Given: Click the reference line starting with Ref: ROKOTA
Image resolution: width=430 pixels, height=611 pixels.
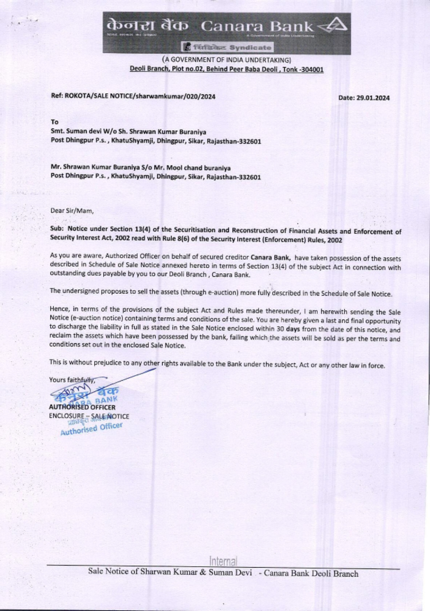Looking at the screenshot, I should point(133,96).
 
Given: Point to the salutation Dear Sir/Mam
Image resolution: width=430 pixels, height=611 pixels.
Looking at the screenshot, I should point(72,211).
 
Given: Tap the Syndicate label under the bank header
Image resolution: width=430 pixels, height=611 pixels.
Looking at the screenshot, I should point(250,47).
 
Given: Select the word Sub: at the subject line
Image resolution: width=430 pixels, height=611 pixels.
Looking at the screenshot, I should point(57,229).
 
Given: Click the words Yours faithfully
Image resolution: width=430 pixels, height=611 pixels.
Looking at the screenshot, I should point(71,380).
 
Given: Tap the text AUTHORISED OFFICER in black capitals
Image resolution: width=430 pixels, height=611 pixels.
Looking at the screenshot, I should point(82,407).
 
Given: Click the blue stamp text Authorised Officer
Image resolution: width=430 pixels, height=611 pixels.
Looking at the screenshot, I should point(92,429).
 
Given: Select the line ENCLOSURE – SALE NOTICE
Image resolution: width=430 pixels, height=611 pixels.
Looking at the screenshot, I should point(89,416).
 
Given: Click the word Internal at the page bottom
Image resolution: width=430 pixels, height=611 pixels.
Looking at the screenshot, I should point(223,561).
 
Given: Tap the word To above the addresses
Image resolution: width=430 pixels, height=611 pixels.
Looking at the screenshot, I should point(54,122).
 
